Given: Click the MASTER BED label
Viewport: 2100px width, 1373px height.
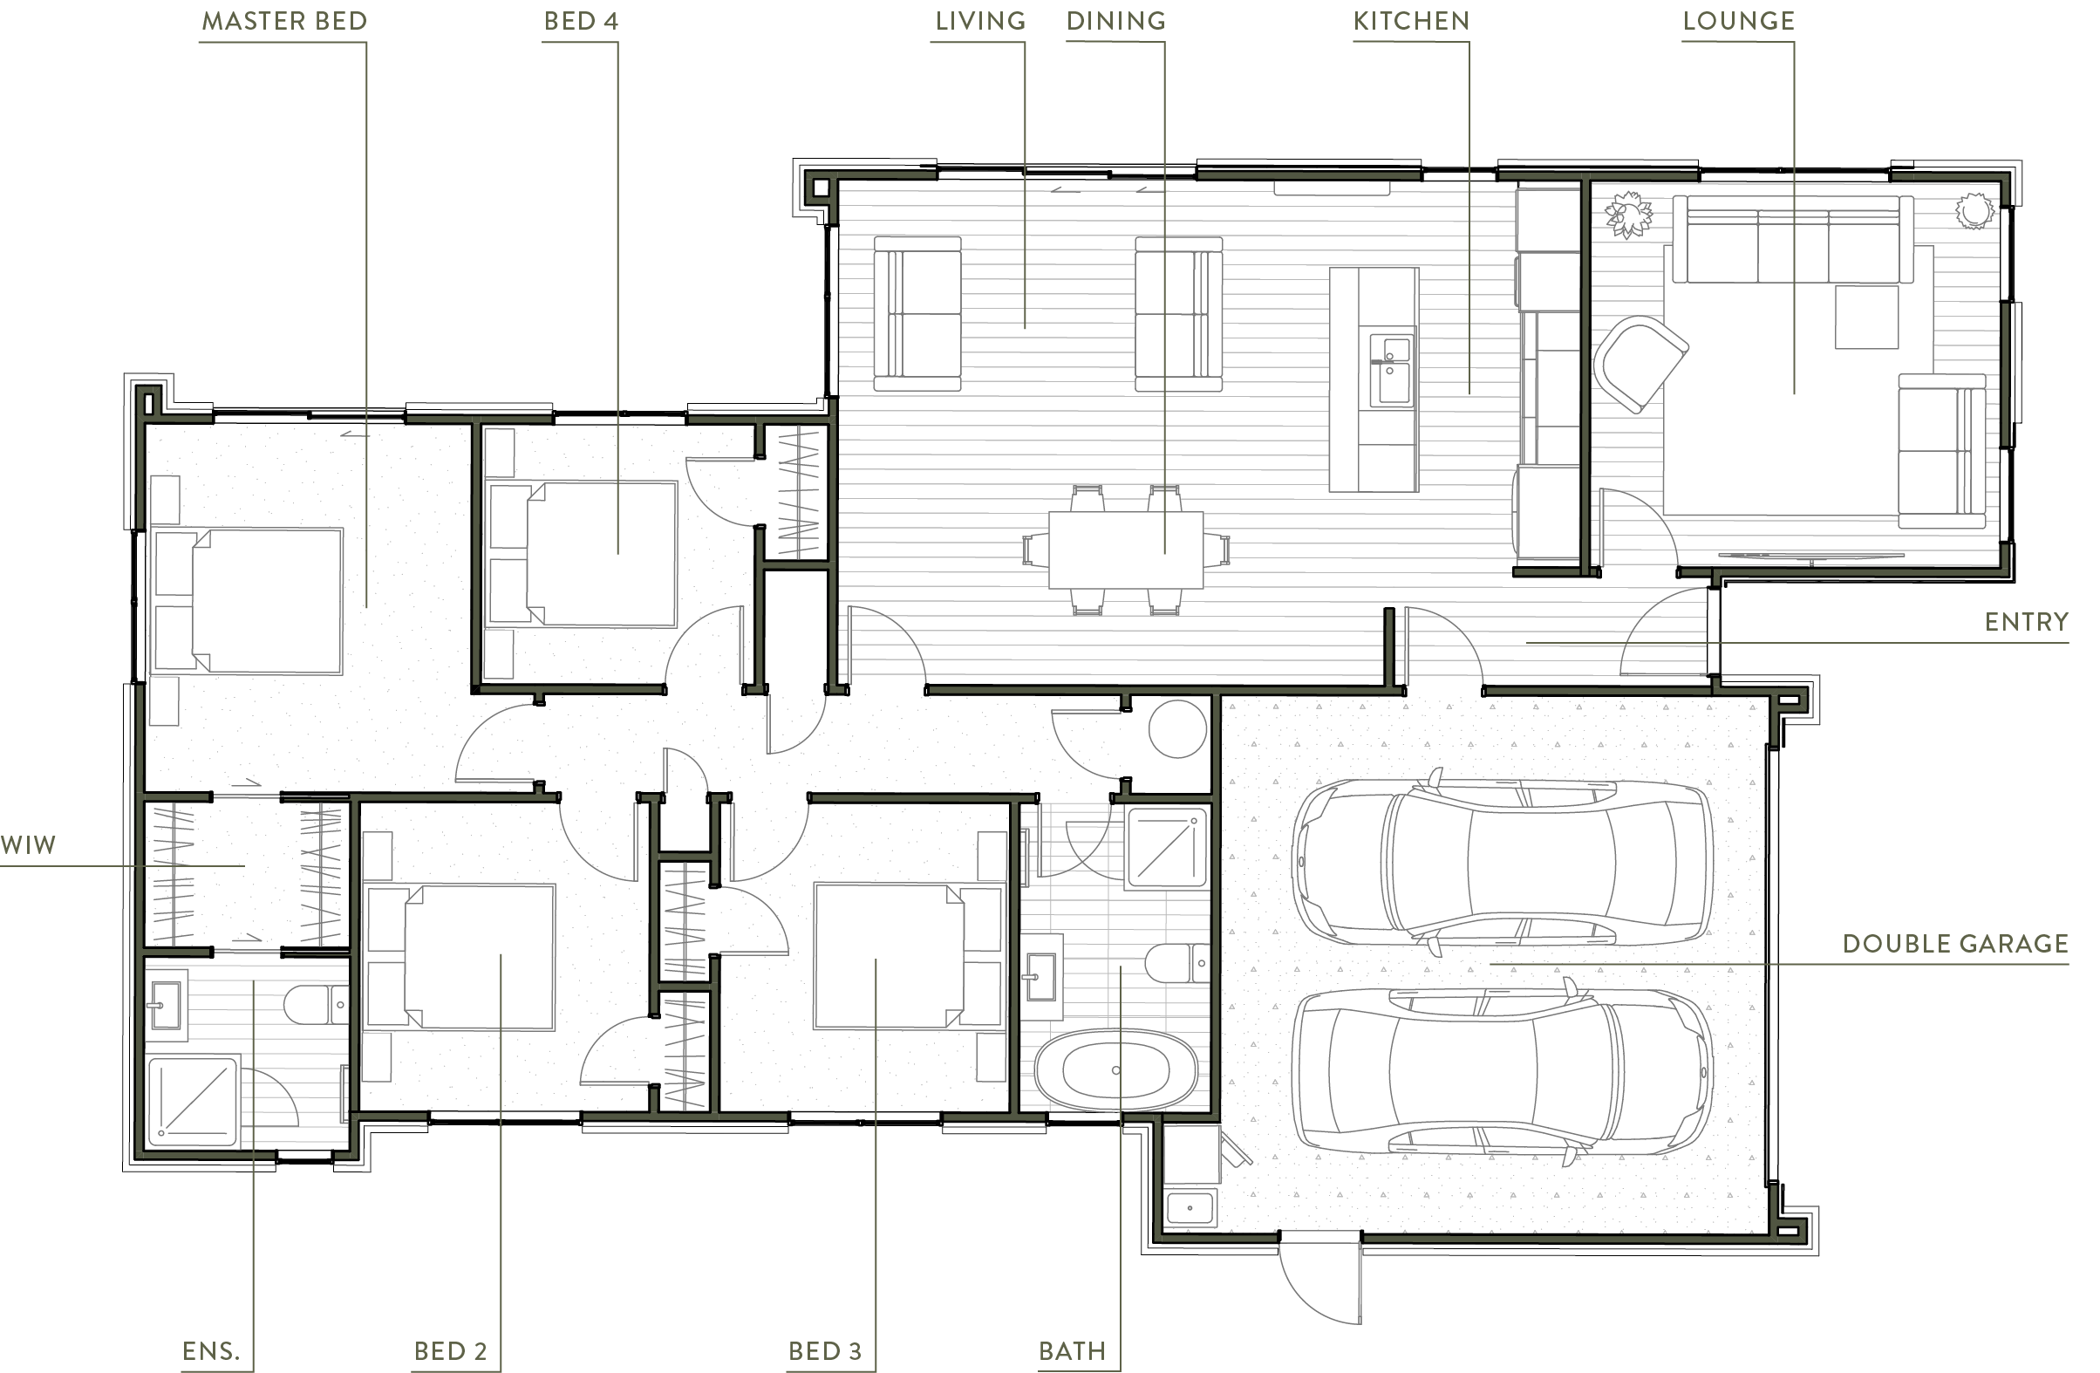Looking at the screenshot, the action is tap(284, 21).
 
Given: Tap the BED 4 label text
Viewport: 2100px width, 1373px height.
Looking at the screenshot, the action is tap(581, 21).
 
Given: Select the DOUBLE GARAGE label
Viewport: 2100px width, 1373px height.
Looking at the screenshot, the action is tap(1955, 944).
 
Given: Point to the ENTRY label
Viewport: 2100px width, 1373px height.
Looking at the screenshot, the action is tap(2026, 622).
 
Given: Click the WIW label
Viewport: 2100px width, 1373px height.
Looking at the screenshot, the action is tap(28, 845).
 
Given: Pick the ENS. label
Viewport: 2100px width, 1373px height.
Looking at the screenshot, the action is tap(211, 1351).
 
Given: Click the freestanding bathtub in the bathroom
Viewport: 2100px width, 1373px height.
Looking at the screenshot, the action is tap(1115, 1071).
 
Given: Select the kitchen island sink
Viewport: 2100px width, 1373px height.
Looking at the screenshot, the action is tap(1392, 371).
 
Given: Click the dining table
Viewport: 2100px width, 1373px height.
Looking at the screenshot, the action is tap(1126, 550).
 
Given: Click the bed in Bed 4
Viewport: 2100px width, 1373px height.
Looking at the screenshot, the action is tap(583, 554).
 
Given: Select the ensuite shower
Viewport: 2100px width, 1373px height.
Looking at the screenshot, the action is tap(194, 1102).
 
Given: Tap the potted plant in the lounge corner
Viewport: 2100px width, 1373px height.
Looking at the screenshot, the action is tap(1627, 215).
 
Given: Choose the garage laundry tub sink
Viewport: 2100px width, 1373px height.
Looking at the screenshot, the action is tap(1190, 1208).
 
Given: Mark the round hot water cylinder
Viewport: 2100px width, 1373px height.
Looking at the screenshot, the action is tap(1177, 729).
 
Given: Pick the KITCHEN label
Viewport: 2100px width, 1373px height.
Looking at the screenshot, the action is tap(1411, 21).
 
